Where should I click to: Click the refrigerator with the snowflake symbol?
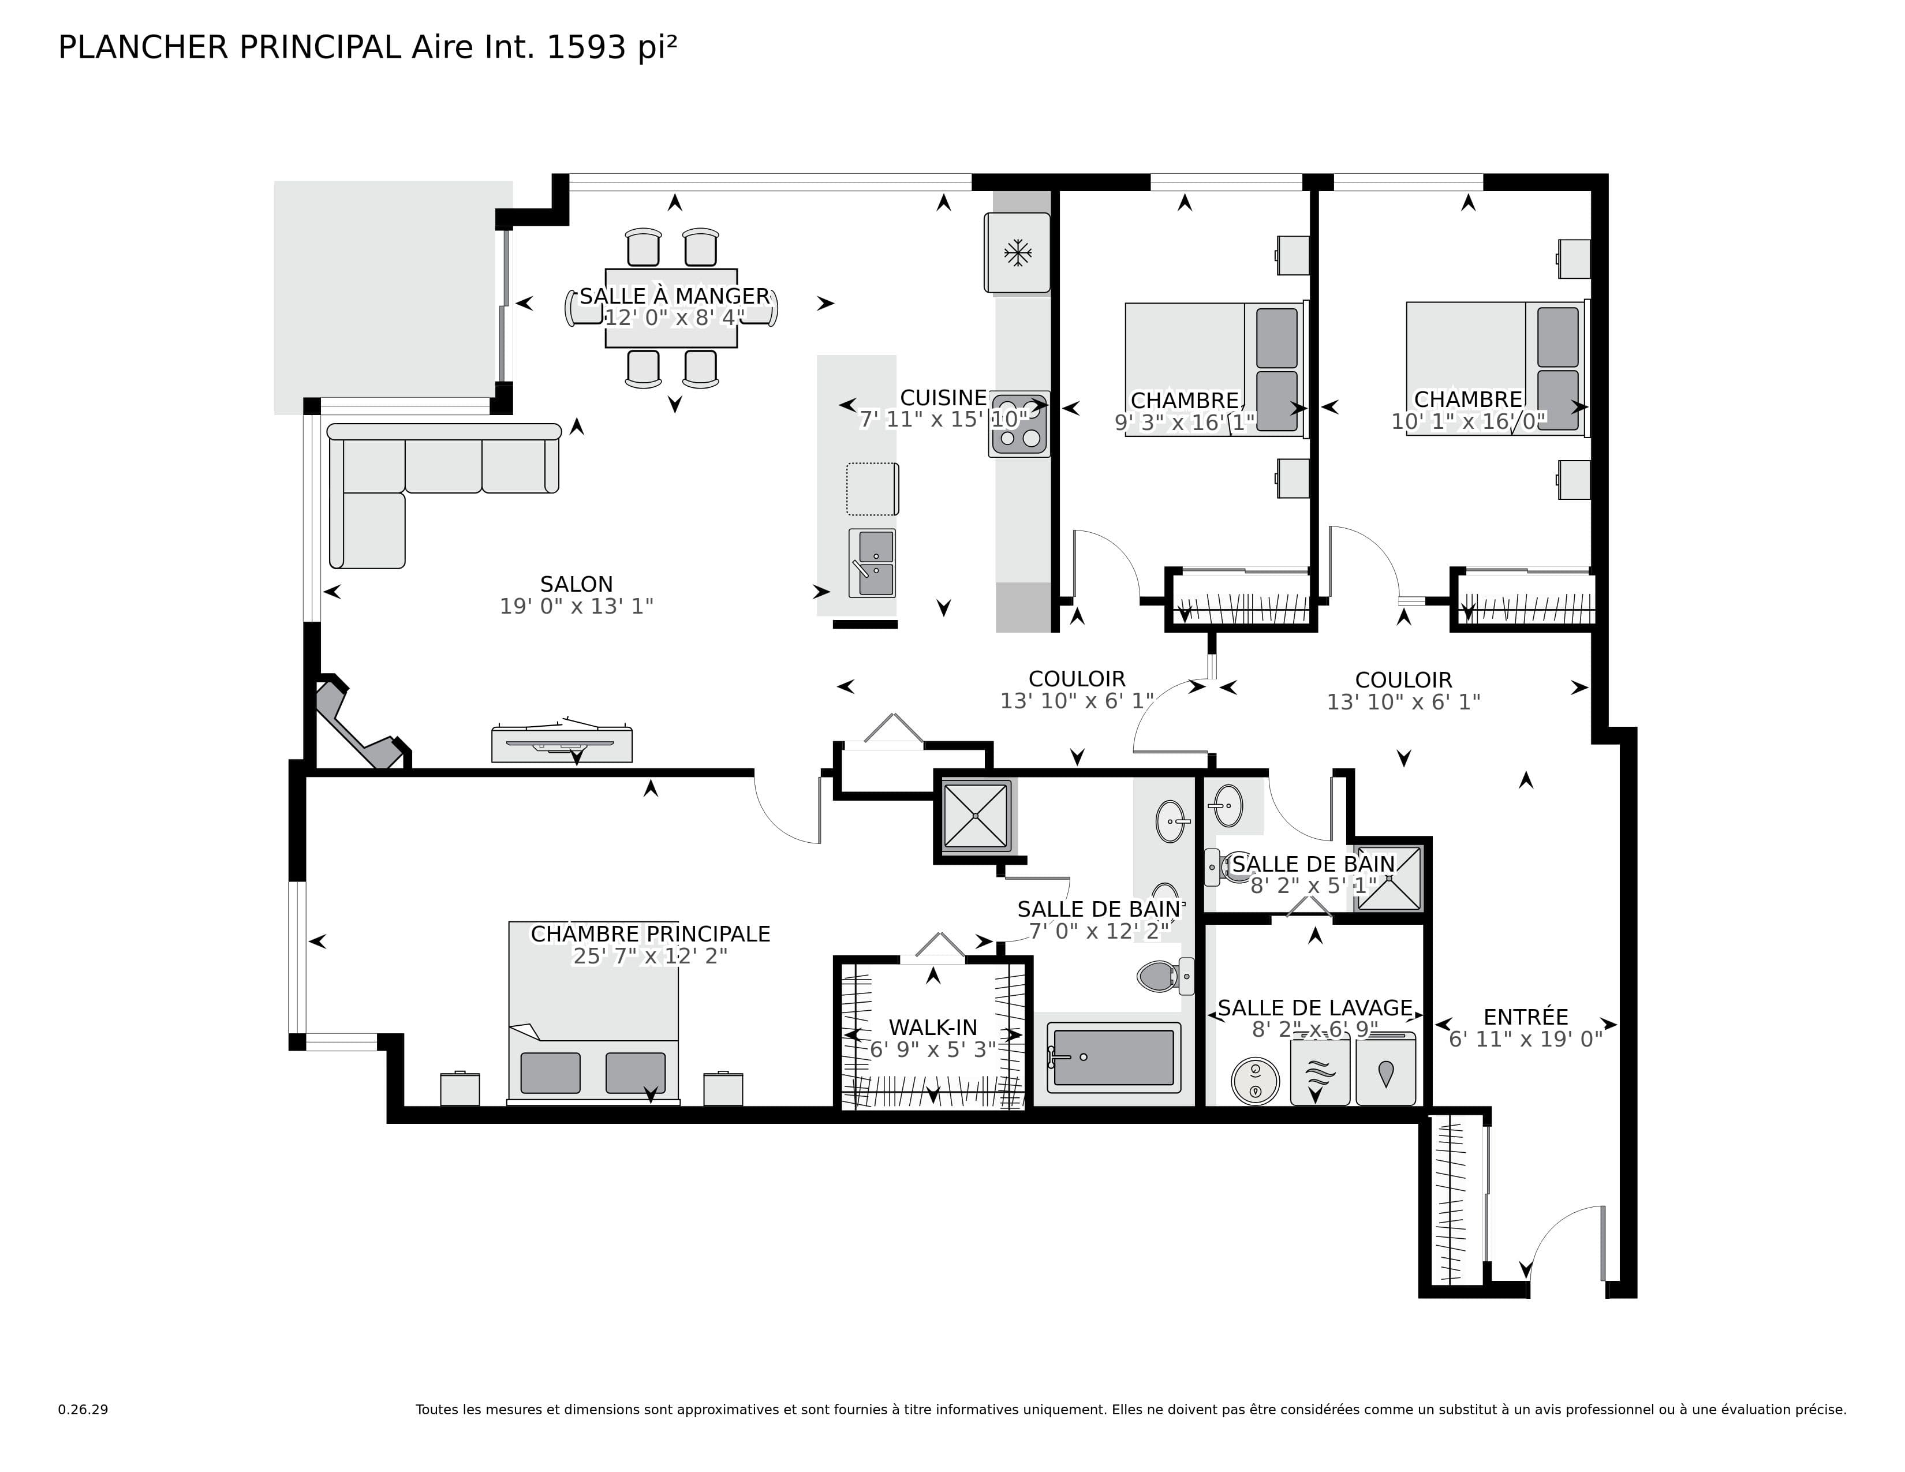(1017, 253)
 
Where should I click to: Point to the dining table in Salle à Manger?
(671, 308)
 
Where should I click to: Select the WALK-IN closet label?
(932, 1028)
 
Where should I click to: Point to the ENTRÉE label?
(1526, 1017)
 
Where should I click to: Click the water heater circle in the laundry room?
(1254, 1081)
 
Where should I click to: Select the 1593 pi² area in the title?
(611, 47)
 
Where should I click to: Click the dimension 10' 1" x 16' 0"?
(1468, 422)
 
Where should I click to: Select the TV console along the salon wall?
(562, 744)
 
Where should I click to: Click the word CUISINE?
(943, 398)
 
